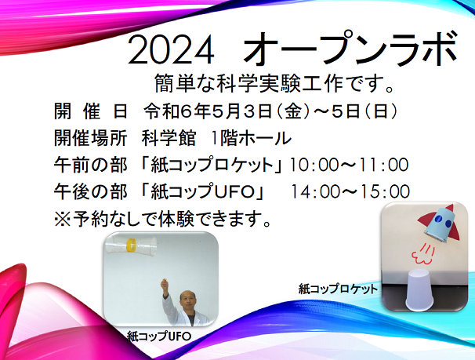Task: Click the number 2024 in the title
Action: tap(171, 49)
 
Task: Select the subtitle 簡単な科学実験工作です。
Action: tap(274, 83)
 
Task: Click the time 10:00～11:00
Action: tap(349, 165)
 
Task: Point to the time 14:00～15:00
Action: tap(350, 191)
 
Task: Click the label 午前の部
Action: tap(90, 165)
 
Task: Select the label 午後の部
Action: tap(90, 191)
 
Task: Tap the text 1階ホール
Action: tap(252, 139)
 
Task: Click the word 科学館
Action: tap(169, 139)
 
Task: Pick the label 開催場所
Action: tap(90, 139)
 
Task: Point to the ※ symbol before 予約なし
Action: tap(63, 219)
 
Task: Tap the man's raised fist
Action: tap(165, 283)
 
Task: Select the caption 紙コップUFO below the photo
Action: tap(159, 336)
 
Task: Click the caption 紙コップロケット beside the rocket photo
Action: tap(338, 289)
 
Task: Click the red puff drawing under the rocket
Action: tap(422, 254)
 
